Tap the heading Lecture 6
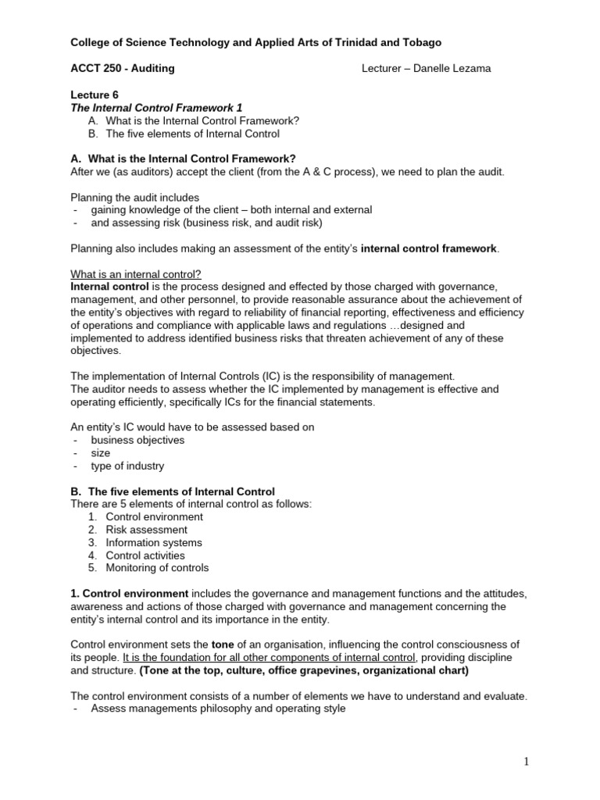pos(95,95)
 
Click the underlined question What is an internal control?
pos(136,274)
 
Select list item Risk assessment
pos(146,530)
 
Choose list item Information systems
pos(153,542)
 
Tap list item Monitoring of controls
pos(157,568)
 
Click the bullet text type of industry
pos(127,466)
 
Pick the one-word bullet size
pos(101,453)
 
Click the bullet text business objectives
pos(137,440)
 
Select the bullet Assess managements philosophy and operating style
pos(218,708)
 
